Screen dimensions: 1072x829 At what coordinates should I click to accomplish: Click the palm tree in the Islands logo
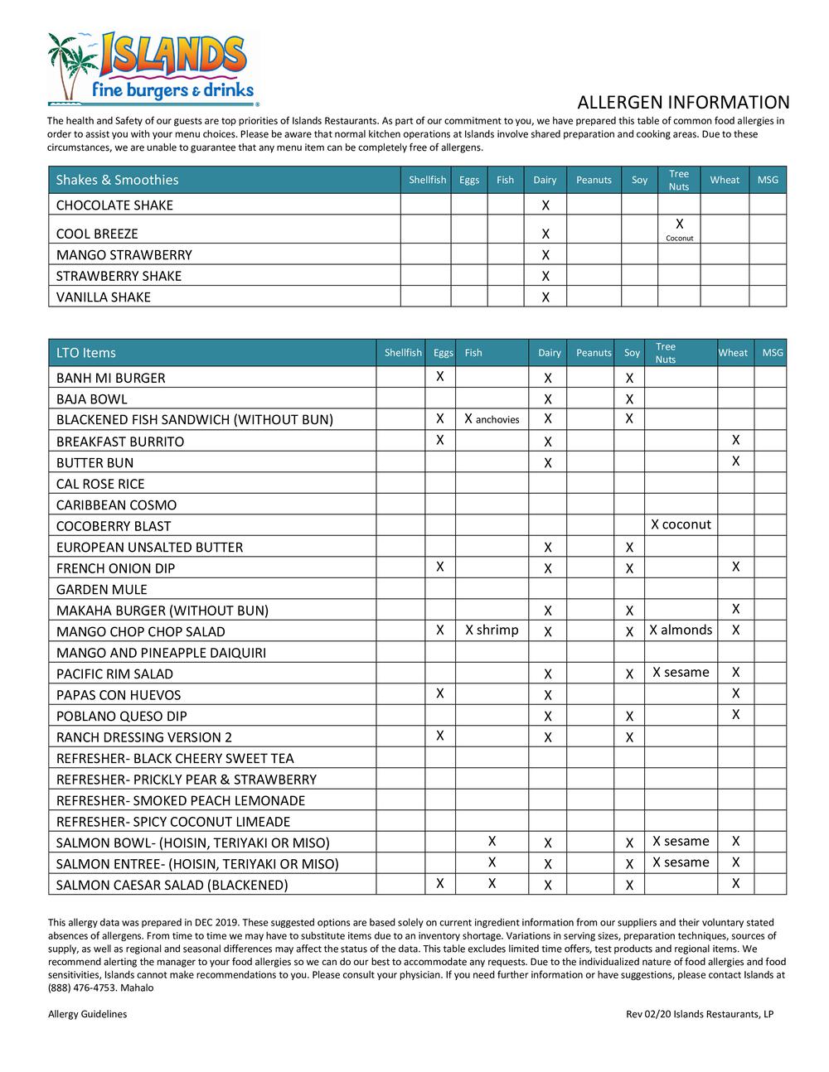coord(68,62)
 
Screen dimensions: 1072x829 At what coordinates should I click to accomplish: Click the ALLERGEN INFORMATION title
coord(683,103)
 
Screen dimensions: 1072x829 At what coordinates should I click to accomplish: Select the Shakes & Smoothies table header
coord(117,180)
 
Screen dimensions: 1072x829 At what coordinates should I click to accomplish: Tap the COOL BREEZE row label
coord(97,234)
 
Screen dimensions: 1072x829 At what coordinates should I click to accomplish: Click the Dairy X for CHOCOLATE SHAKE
coord(545,205)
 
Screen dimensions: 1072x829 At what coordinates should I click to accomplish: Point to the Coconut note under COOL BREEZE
coord(679,238)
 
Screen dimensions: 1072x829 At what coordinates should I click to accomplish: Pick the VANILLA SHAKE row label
coord(104,297)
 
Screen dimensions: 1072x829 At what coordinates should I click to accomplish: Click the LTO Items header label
coord(86,353)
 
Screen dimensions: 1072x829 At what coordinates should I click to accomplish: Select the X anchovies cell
coord(492,419)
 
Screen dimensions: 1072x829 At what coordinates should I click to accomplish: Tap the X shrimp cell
coord(492,630)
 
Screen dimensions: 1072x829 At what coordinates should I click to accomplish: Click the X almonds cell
coord(681,630)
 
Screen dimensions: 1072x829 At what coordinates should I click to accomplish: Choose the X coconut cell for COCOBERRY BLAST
coord(681,524)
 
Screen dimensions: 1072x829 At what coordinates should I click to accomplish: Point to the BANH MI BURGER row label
coord(111,379)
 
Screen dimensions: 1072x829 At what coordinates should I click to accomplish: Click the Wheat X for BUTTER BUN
coord(736,461)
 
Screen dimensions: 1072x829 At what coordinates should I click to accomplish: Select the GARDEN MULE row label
coord(102,590)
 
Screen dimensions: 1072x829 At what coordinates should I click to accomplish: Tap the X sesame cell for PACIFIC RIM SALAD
coord(681,673)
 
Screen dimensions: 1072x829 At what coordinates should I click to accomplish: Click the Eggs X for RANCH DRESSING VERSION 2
coord(440,736)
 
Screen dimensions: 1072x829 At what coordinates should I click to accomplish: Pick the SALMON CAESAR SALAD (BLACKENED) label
coord(172,886)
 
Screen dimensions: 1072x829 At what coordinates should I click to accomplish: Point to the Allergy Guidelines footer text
coord(88,1014)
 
